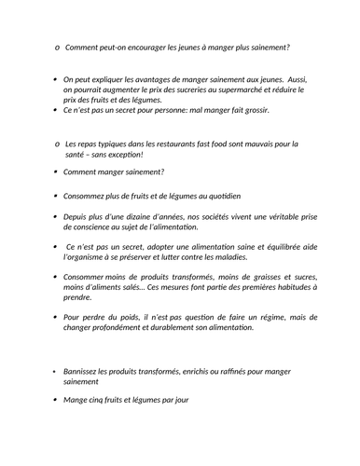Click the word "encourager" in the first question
(139, 48)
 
